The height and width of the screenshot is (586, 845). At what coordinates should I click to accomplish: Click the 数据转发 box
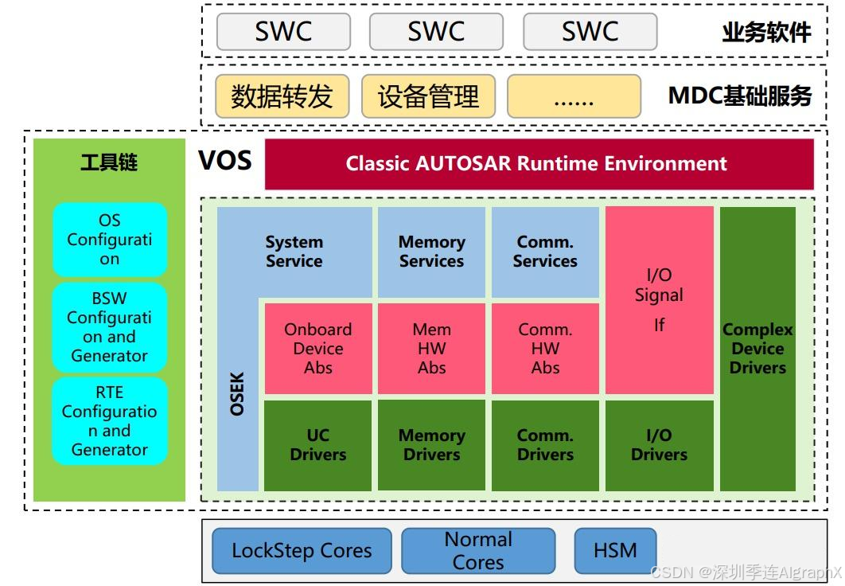click(x=281, y=96)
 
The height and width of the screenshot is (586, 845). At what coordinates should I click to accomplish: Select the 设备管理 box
click(x=428, y=96)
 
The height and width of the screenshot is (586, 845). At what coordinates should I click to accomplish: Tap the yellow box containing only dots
click(x=574, y=96)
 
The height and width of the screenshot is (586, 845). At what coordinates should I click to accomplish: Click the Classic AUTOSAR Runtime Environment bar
click(x=539, y=164)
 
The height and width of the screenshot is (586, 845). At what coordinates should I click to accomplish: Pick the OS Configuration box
click(x=110, y=240)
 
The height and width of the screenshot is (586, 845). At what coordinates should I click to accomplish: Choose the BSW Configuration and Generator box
click(x=110, y=327)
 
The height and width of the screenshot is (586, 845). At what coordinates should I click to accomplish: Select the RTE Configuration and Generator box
click(x=110, y=421)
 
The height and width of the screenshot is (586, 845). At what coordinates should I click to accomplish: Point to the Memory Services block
click(x=431, y=252)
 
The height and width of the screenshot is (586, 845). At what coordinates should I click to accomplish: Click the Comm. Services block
click(x=545, y=252)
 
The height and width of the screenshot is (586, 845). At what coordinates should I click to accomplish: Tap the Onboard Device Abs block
click(x=317, y=349)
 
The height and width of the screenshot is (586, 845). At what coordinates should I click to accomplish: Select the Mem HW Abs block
click(x=431, y=349)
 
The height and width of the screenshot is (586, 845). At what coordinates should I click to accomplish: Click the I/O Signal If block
click(x=659, y=299)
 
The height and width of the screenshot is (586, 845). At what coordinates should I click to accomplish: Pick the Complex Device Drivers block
click(x=757, y=349)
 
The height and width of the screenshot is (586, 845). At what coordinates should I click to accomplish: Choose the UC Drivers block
click(x=317, y=445)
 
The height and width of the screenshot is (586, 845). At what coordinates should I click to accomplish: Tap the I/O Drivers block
click(x=659, y=445)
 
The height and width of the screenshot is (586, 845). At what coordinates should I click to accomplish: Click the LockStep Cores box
click(x=302, y=550)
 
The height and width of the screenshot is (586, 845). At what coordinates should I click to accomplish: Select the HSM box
click(x=615, y=549)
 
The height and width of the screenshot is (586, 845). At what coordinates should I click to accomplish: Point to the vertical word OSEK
click(x=237, y=394)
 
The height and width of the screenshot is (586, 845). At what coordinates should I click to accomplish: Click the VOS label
click(x=225, y=162)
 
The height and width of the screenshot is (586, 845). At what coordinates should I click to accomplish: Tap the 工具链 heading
click(x=109, y=163)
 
